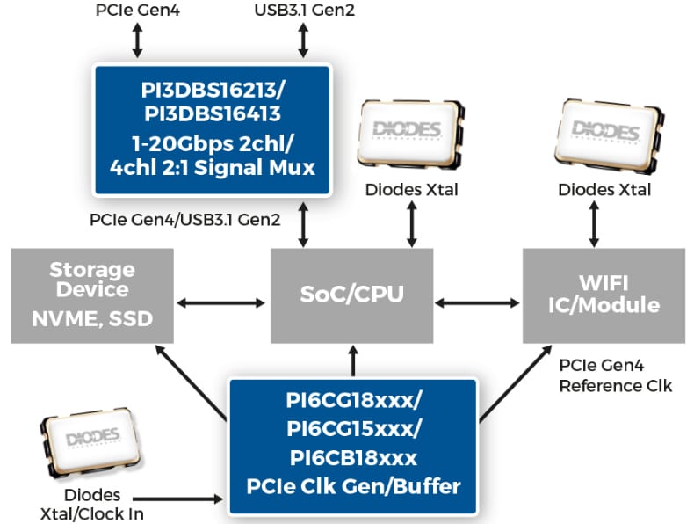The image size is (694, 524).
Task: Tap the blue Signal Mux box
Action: tap(212, 130)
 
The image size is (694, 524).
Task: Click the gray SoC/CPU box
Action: tap(351, 295)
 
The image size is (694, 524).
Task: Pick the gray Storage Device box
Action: tap(92, 295)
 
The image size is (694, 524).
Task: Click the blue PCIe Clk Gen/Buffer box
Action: tap(353, 445)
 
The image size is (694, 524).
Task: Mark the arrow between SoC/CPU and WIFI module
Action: tap(478, 302)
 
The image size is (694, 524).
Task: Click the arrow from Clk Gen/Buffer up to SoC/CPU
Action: tap(353, 361)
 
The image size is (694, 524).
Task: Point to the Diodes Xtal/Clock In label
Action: tap(91, 506)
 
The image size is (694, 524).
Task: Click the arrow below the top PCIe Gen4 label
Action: tap(137, 40)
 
